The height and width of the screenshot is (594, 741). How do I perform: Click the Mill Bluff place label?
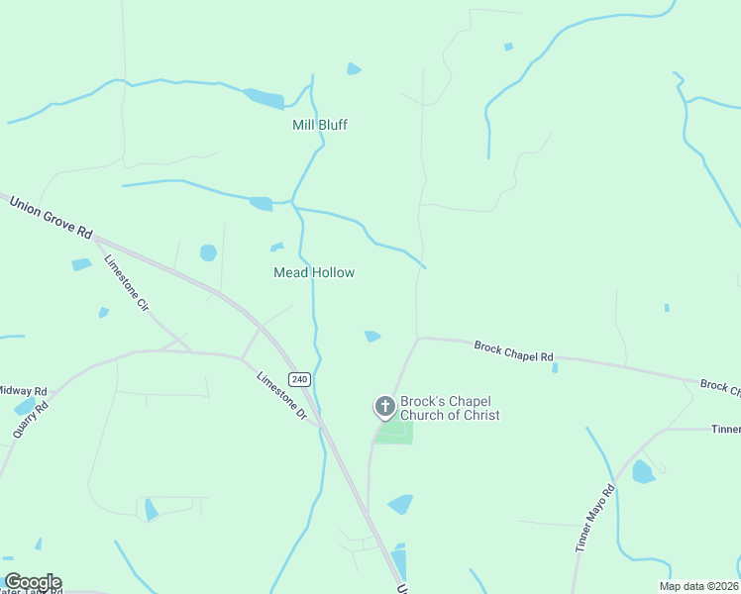tap(320, 125)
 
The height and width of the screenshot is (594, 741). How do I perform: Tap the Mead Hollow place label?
tap(314, 272)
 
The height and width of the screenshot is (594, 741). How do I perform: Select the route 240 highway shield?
tap(300, 379)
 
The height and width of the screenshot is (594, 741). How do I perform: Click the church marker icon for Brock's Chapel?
tap(385, 407)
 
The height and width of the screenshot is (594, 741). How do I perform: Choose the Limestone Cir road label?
tap(126, 284)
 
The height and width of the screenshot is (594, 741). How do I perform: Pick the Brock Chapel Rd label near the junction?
tap(513, 350)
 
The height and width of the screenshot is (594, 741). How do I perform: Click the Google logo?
tap(32, 582)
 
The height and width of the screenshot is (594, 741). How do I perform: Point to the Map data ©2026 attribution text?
tap(698, 586)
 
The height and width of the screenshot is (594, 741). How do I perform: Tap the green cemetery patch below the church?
tap(394, 433)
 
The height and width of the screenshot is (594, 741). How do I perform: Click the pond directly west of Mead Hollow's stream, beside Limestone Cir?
tap(208, 252)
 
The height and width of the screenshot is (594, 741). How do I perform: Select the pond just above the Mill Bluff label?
tap(354, 69)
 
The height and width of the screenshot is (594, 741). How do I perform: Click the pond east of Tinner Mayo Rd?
tap(643, 471)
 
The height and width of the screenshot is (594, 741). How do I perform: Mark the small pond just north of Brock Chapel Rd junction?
tap(372, 337)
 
